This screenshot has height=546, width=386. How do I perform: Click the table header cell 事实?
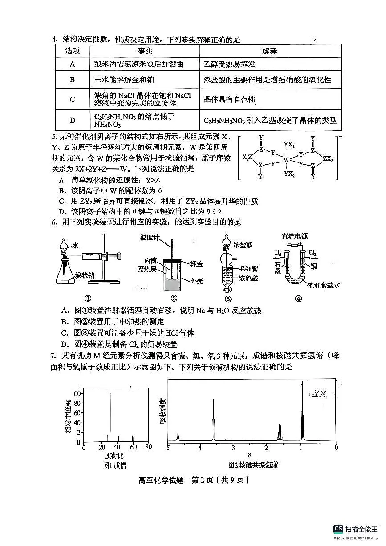145,51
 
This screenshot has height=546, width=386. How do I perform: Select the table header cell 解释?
270,51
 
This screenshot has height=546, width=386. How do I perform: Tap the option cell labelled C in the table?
73,99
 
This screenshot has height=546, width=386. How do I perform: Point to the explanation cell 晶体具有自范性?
230,100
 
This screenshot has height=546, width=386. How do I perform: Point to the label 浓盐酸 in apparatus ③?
249,244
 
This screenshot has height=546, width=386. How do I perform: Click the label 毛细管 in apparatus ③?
249,268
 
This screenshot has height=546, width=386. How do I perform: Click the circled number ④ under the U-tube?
299,299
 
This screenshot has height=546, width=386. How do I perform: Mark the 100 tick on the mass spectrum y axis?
76,394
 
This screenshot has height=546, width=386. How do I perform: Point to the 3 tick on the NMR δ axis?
233,448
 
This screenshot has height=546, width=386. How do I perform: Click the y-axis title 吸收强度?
162,411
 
